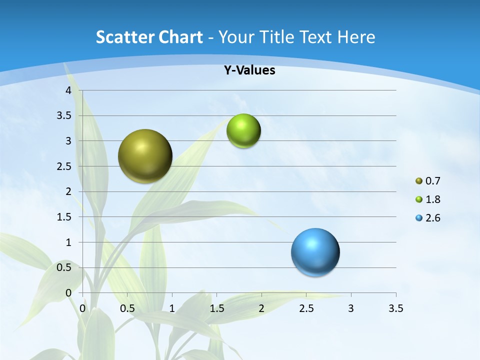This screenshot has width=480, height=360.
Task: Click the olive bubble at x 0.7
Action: click(x=145, y=156)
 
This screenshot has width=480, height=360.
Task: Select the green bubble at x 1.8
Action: click(x=243, y=131)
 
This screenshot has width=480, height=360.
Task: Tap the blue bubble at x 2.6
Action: click(x=315, y=252)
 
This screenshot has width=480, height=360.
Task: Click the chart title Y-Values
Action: click(x=249, y=70)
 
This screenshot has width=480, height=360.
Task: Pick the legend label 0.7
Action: click(x=432, y=181)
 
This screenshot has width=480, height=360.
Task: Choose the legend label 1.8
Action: click(x=432, y=199)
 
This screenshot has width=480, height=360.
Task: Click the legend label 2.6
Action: click(x=432, y=218)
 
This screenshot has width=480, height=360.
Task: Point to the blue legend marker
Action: click(x=419, y=218)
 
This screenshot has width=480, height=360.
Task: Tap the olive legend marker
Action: click(x=419, y=181)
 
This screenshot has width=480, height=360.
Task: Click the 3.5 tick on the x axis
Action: click(x=395, y=308)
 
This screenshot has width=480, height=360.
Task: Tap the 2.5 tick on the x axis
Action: click(x=306, y=308)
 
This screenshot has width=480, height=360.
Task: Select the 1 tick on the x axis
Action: click(x=172, y=308)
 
